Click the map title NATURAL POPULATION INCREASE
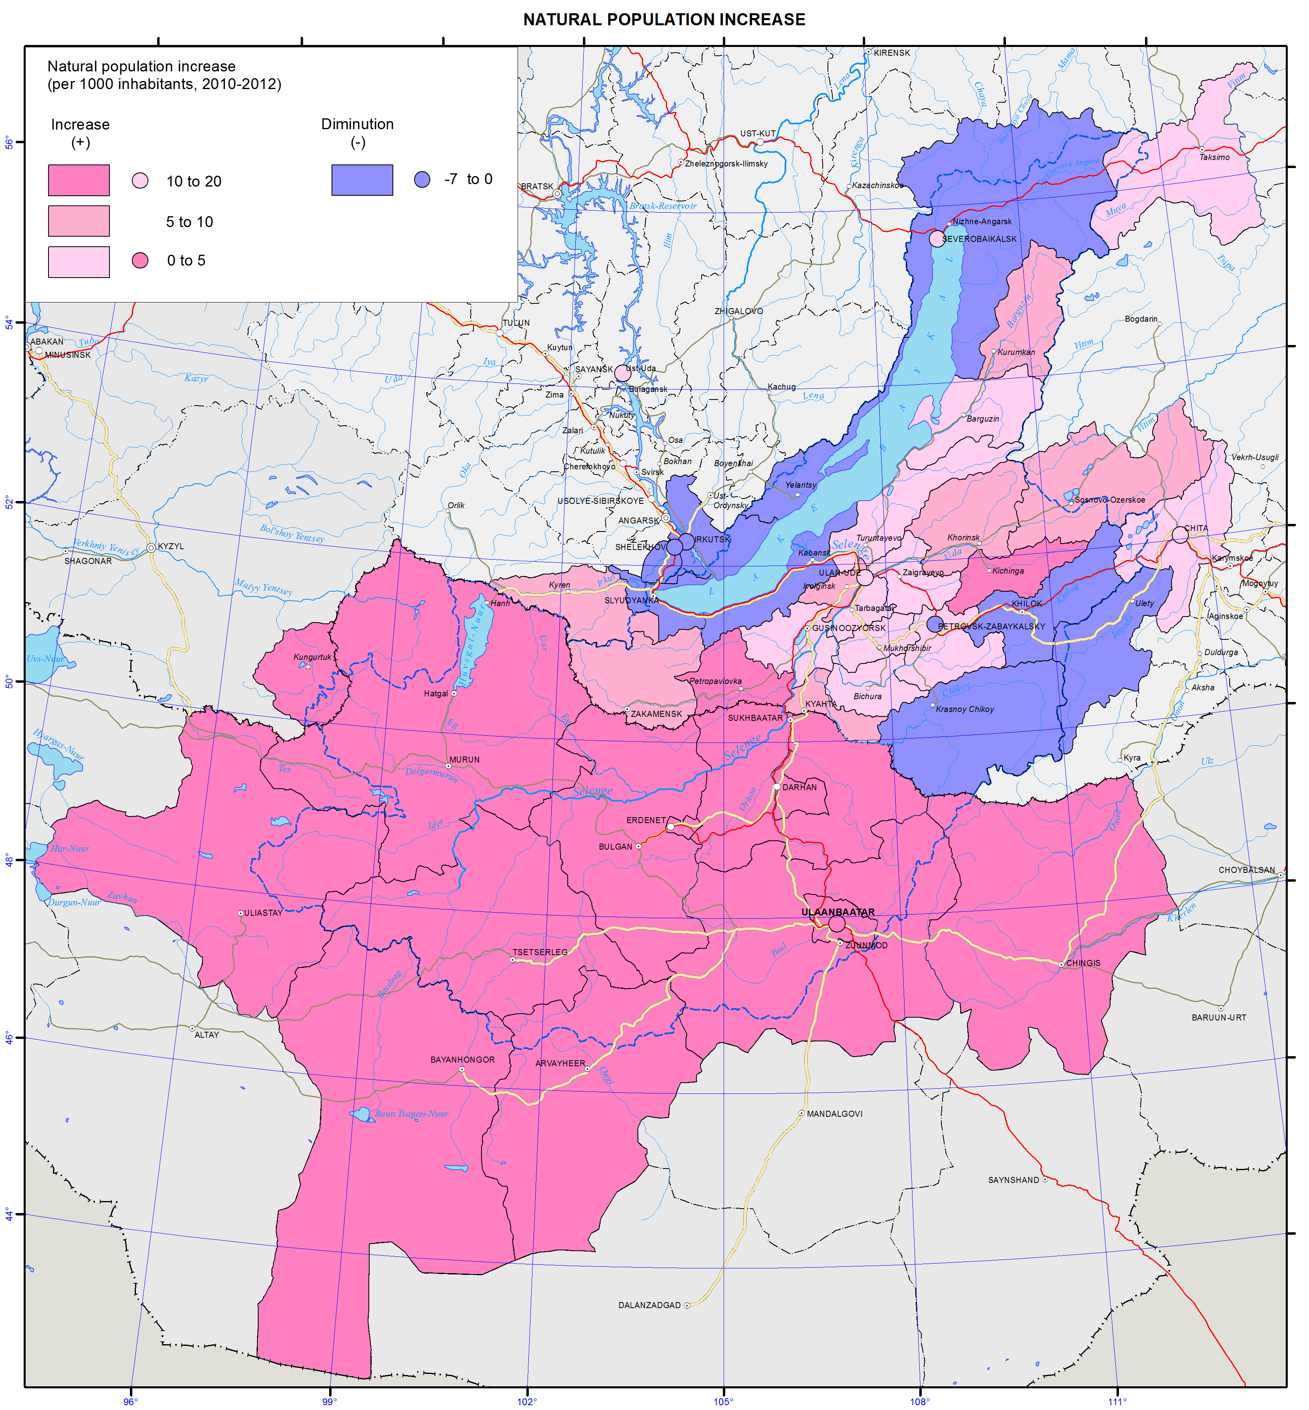pos(664,20)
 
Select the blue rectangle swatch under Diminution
pos(362,180)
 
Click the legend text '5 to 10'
pos(189,222)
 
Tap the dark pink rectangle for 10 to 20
pos(79,180)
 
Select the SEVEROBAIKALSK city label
pos(979,239)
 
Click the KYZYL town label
pos(171,546)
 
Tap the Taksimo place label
pos(1214,157)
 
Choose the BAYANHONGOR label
pos(463,1060)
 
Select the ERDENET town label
pos(645,820)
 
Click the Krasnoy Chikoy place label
pos(964,709)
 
